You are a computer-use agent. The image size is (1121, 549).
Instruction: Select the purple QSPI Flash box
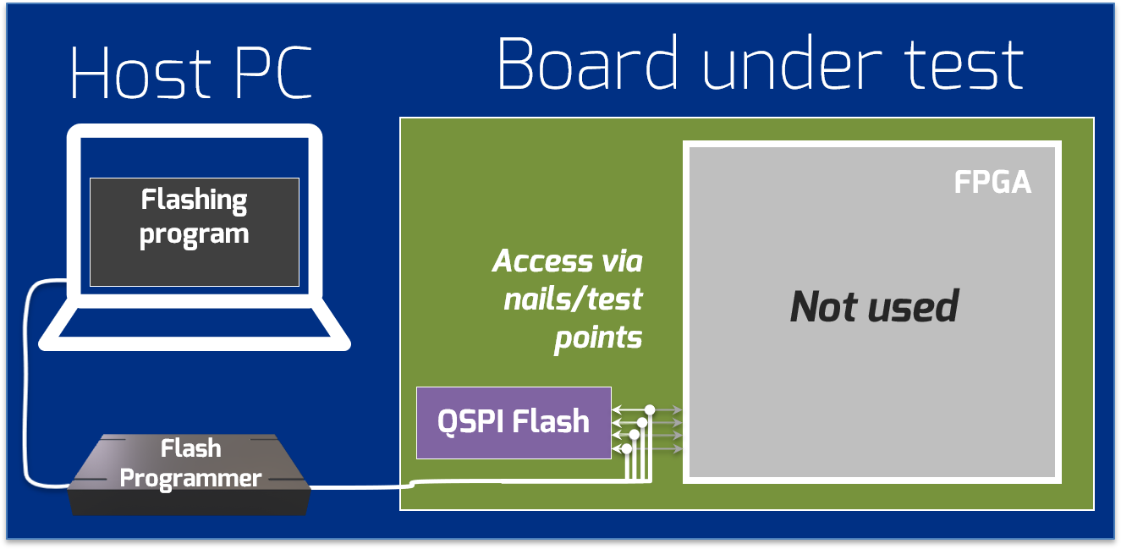pos(514,422)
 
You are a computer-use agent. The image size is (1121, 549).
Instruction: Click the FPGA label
pos(992,183)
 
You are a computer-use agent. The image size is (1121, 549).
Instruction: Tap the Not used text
pos(874,306)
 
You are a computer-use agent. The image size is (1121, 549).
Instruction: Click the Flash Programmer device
pos(190,474)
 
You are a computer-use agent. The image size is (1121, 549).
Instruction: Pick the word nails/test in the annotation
pos(573,299)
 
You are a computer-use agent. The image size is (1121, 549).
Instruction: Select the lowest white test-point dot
pos(627,448)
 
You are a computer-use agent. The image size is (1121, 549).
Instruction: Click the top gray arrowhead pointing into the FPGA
pos(677,410)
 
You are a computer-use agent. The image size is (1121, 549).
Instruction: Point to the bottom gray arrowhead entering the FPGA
pos(677,449)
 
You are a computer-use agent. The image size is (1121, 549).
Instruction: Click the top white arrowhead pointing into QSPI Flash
pos(616,410)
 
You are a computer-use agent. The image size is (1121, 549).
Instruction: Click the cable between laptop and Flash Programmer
pos(28,381)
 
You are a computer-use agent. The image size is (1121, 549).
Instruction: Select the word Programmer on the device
pos(190,479)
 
